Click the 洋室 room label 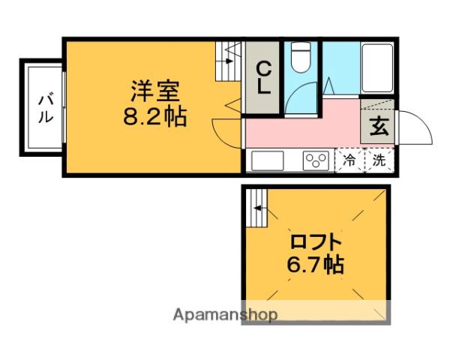[x=156, y=94]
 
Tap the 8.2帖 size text [x=156, y=117]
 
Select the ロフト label [x=316, y=242]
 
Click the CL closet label [x=264, y=78]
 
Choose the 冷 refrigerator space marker [x=349, y=160]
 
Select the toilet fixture [x=301, y=57]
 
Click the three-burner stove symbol [x=316, y=160]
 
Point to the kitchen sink [x=268, y=160]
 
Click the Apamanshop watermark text [x=225, y=314]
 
